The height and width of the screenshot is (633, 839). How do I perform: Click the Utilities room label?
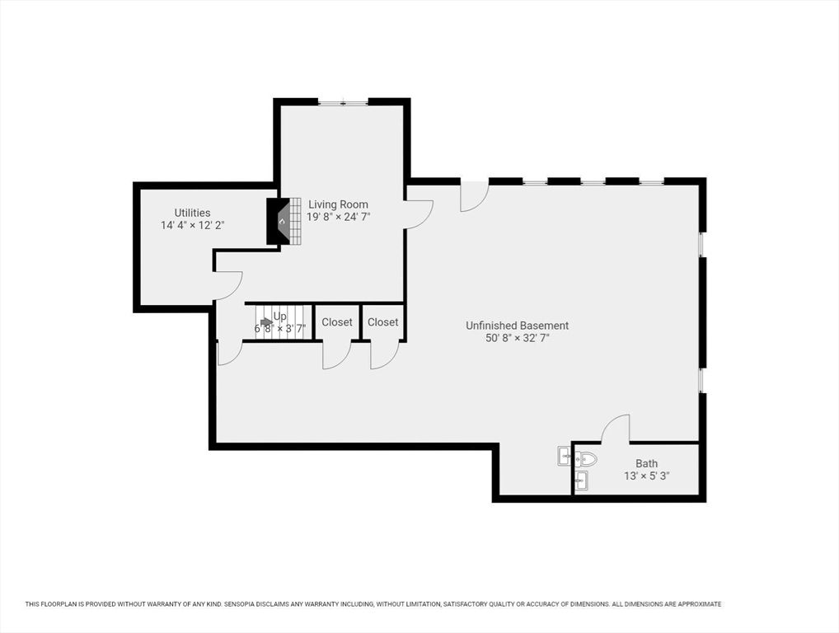coord(192,213)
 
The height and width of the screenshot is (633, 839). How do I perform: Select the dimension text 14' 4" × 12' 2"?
coord(192,225)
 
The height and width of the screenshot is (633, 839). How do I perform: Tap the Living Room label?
coord(338,204)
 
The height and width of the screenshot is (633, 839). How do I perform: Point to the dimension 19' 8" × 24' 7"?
coord(338,218)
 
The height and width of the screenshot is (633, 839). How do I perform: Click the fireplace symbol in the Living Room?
coord(279,221)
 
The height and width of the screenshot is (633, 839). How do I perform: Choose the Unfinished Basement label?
coord(517,326)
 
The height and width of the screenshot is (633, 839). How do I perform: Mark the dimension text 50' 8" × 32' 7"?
coord(517,338)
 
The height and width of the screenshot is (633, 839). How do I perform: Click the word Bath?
coord(646,464)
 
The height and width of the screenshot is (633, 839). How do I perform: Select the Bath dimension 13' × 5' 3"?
coord(646,476)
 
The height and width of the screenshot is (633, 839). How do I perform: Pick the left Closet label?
coord(337,322)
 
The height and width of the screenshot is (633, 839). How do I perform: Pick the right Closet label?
coord(382,322)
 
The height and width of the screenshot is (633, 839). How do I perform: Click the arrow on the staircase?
coord(265,322)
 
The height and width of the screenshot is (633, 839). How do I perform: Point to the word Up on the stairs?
coord(280,316)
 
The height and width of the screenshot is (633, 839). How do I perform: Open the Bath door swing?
coord(616,429)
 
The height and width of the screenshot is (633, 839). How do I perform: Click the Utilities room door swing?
coord(228,285)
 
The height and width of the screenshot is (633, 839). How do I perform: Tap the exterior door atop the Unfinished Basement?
coord(474,195)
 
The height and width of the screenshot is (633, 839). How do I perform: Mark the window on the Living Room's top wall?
coord(343,102)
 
